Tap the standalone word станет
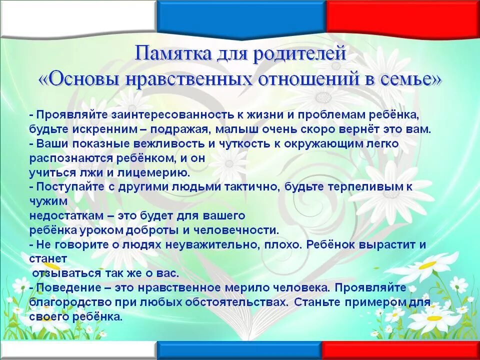48,259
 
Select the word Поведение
63,288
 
